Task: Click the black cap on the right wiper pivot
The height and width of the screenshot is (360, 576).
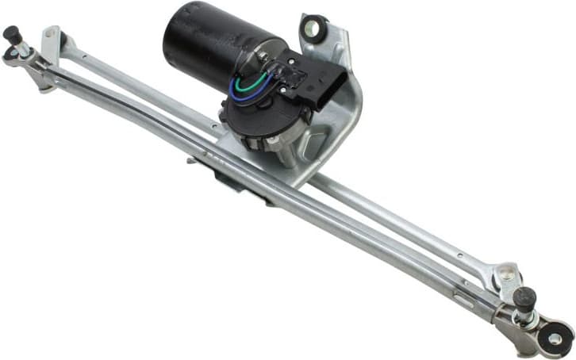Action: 524,298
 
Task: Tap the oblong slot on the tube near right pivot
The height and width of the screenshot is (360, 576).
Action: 464,300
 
